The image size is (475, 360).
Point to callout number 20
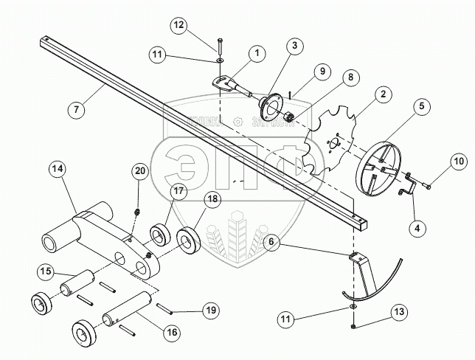point(140,171)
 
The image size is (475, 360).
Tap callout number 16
point(171,333)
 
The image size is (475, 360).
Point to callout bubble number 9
point(322,71)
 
